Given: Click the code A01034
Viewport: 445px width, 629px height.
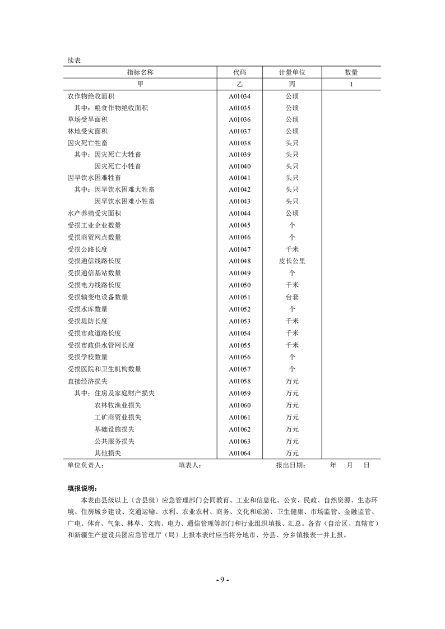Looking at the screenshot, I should click(x=239, y=96).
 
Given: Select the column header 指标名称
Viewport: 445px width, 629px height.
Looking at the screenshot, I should click(x=140, y=72).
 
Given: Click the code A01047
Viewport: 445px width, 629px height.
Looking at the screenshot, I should click(x=239, y=249).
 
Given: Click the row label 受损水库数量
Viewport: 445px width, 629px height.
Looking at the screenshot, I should click(x=87, y=309).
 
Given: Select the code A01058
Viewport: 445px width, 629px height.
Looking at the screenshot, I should click(x=239, y=381).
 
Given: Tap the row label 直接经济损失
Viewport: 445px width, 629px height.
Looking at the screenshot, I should click(x=87, y=381).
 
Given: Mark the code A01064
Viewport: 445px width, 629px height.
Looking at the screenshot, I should click(x=239, y=453).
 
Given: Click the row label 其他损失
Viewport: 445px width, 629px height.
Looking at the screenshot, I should click(x=108, y=453).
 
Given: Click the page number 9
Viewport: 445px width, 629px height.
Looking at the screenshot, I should click(x=222, y=579).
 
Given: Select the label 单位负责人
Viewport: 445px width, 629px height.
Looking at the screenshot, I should click(x=85, y=465).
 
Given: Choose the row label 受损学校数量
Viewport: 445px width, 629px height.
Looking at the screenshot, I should click(x=87, y=357).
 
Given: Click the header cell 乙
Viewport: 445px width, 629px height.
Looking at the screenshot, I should click(x=239, y=84).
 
